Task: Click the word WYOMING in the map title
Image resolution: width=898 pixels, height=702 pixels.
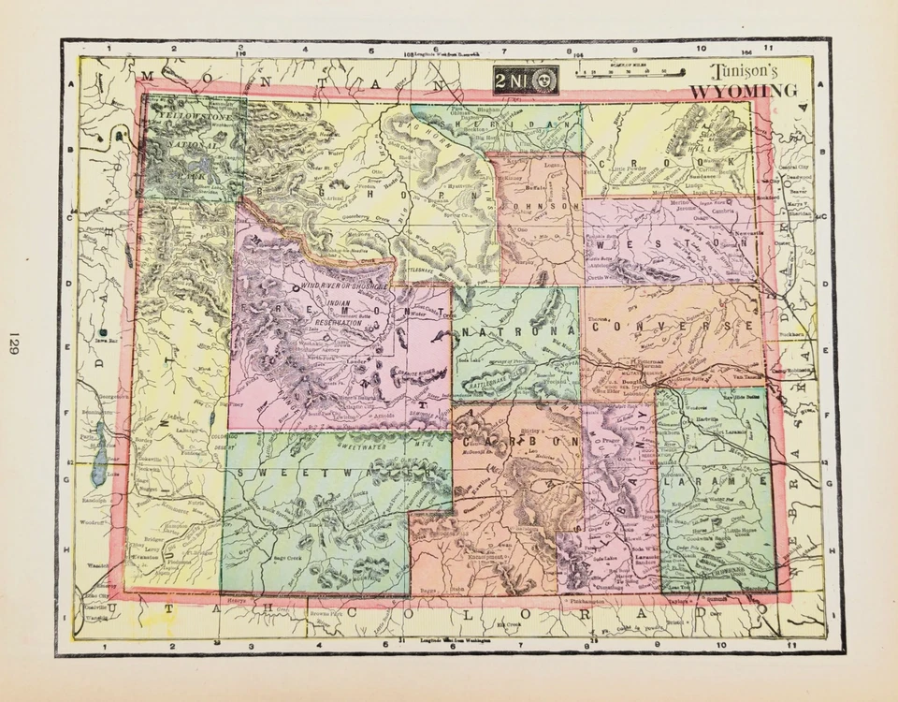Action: (745, 91)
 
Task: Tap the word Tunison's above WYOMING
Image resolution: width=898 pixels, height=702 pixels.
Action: (746, 71)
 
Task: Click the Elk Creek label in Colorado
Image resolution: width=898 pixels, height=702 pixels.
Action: (511, 622)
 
